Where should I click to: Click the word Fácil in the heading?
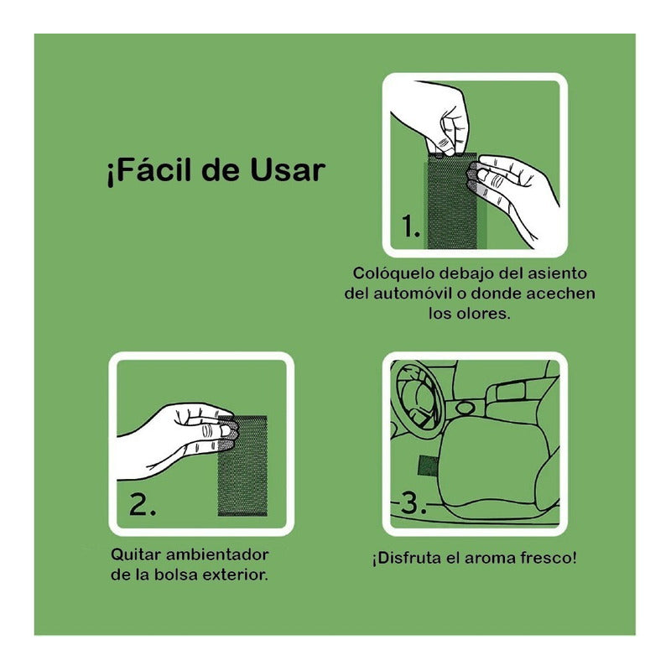coord(150,171)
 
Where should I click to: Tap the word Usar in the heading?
coord(288,170)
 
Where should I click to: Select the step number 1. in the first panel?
coord(410,226)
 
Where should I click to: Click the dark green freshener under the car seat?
coord(428,466)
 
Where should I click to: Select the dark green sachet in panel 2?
coord(243,466)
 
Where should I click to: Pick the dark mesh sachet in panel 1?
coord(452,200)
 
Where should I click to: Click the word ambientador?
coord(217,554)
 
